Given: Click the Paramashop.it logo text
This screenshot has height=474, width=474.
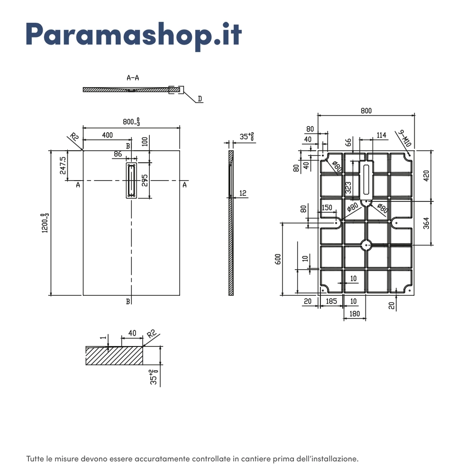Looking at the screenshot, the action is (134, 35).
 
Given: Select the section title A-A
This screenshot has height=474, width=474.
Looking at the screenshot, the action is (133, 78).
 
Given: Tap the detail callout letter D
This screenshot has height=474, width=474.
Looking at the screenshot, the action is (200, 99).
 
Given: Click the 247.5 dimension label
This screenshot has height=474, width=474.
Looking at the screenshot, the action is (63, 165).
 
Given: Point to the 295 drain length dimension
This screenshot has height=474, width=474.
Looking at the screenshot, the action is (145, 181).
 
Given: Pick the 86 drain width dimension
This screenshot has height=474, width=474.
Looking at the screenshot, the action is (118, 154).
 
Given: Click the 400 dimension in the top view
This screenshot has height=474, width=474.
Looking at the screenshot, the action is (107, 135).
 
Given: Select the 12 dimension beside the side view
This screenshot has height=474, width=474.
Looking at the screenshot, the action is (243, 193).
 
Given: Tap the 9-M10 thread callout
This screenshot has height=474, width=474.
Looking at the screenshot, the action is (404, 138).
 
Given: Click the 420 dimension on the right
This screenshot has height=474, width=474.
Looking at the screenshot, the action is (426, 176).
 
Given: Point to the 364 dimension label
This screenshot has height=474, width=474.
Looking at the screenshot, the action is (426, 223).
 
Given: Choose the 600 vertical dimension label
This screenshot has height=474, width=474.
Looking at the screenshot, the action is (278, 259).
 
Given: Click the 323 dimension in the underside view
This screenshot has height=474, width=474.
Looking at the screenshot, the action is (348, 188).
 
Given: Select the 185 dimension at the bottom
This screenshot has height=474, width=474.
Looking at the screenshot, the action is (331, 301).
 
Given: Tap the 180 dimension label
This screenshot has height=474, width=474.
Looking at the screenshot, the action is (355, 314).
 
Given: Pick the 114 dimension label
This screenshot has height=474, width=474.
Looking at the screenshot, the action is (382, 135).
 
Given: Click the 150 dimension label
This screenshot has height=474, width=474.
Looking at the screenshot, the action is (327, 208).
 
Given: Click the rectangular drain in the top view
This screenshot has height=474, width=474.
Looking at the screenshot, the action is (131, 181).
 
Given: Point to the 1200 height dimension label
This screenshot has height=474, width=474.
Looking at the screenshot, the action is (45, 223).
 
